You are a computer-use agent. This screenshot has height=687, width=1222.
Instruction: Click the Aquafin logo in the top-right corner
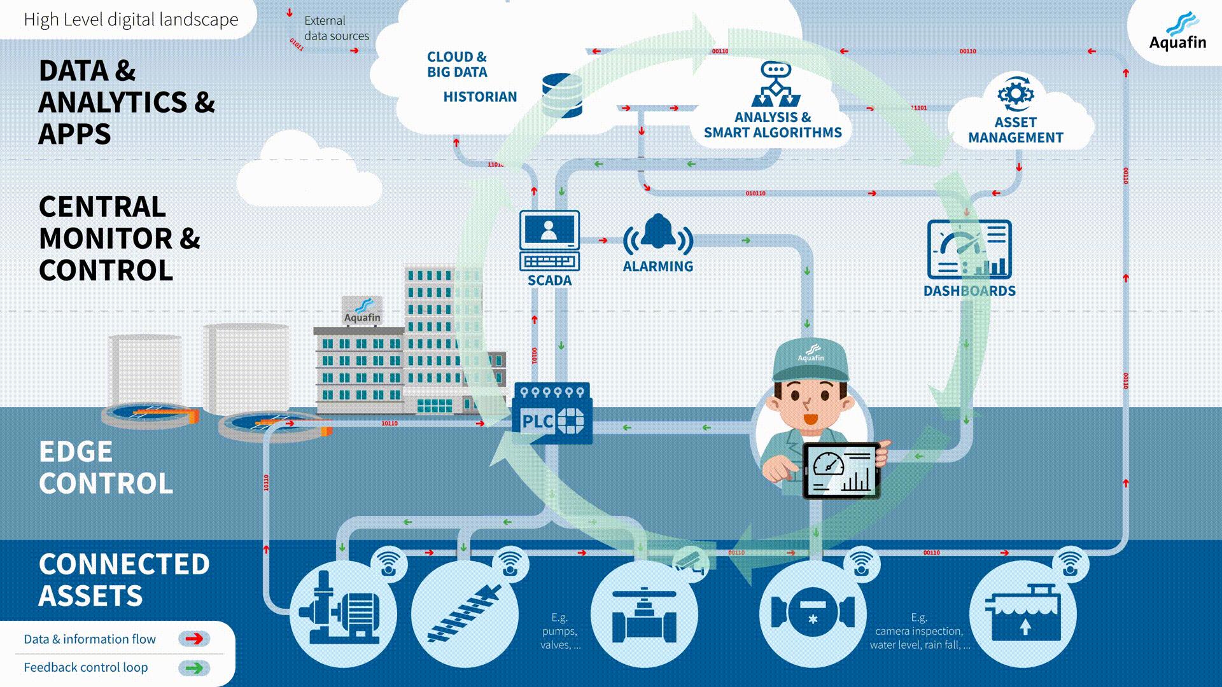pyautogui.click(x=1177, y=32)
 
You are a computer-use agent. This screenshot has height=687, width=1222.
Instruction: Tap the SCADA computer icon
pyautogui.click(x=549, y=240)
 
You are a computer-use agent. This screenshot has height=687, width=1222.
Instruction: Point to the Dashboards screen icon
pyautogui.click(x=969, y=249)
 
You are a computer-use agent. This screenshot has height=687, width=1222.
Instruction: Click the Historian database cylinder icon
pyautogui.click(x=562, y=95)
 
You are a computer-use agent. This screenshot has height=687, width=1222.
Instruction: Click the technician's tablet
pyautogui.click(x=841, y=471)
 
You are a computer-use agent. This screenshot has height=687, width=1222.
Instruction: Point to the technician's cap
pyautogui.click(x=810, y=359)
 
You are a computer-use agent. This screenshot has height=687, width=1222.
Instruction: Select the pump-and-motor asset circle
pyautogui.click(x=343, y=614)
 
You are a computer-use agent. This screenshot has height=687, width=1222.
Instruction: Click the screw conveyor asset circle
pyautogui.click(x=465, y=614)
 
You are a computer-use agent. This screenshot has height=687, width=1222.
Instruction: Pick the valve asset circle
pyautogui.click(x=644, y=614)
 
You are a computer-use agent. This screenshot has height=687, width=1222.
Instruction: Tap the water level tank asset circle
pyautogui.click(x=1023, y=614)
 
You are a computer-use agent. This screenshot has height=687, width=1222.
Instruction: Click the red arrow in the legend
pyautogui.click(x=194, y=639)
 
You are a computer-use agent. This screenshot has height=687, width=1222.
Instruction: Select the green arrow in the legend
pyautogui.click(x=194, y=667)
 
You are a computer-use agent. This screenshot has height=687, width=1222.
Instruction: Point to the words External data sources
pyautogui.click(x=336, y=28)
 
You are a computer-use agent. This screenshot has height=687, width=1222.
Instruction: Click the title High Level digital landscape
pyautogui.click(x=131, y=20)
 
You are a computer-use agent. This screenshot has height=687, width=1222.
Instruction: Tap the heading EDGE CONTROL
pyautogui.click(x=106, y=468)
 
